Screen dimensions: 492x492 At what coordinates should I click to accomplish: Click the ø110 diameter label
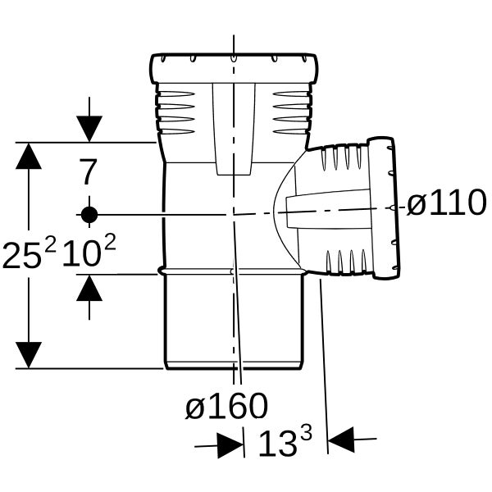coord(447,203)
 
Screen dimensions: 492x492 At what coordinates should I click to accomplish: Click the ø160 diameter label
coord(226,406)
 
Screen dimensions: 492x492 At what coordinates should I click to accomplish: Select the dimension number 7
coord(88,172)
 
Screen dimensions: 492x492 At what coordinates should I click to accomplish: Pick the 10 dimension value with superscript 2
coord(89,250)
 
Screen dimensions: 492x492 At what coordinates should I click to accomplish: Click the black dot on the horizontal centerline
coord(89,215)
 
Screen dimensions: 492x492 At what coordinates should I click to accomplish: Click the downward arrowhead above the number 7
coord(89,129)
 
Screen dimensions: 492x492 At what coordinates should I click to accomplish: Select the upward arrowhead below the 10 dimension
coord(89,288)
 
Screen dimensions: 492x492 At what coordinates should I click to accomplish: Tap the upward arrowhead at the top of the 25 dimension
coord(29,156)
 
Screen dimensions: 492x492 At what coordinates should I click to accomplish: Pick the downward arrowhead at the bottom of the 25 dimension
coord(29,355)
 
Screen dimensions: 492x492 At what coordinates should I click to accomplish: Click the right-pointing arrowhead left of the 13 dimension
coord(230,446)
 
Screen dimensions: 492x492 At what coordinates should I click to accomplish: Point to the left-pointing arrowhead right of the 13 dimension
coord(341,440)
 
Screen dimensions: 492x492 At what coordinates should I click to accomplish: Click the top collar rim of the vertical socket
coord(234,69)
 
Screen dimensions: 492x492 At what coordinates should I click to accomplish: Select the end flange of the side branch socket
coord(385,208)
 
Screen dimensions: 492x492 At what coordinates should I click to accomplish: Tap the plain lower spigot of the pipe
coord(234,322)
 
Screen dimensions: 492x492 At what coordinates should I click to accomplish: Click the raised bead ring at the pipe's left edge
coord(162,271)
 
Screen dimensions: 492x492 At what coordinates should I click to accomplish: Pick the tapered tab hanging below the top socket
coord(234,129)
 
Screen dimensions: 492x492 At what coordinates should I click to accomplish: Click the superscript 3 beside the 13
coord(306,433)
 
